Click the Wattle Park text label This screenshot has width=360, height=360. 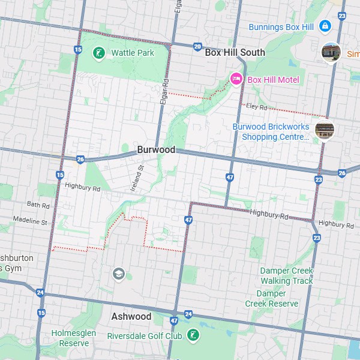(133, 53)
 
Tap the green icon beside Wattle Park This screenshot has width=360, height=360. (98, 53)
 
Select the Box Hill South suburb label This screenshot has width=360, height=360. (235, 53)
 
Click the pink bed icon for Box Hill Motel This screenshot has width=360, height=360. (236, 79)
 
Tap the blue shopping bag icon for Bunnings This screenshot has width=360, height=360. (325, 26)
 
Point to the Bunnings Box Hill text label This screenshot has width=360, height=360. (281, 26)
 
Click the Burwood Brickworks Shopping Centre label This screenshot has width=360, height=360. (271, 131)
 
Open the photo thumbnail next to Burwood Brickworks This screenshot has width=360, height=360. (325, 130)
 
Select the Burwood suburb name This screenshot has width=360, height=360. (156, 149)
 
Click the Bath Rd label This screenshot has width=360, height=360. (37, 205)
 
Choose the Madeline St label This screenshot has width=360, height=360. (29, 221)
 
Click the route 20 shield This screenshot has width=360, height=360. (197, 46)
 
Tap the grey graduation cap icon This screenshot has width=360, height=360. (118, 274)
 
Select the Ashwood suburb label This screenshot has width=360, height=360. (131, 316)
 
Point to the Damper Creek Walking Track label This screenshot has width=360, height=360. (286, 276)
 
